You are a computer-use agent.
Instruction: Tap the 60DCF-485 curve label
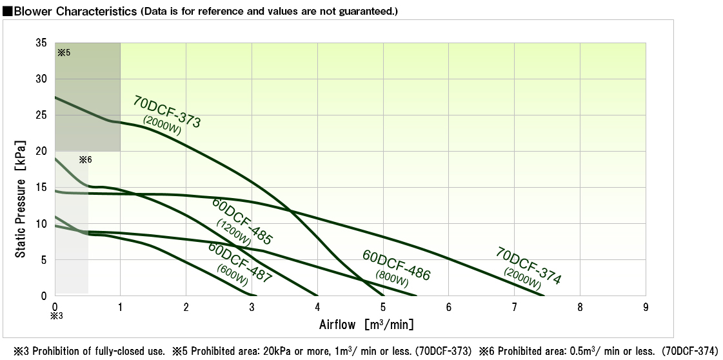click(243, 221)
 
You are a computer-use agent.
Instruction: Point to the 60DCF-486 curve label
click(396, 265)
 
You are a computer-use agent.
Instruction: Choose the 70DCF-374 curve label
click(529, 265)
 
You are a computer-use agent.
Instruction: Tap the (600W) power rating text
click(232, 275)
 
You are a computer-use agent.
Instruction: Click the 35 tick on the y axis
click(41, 43)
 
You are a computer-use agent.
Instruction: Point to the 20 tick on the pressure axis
click(41, 152)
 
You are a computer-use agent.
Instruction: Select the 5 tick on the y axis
click(44, 260)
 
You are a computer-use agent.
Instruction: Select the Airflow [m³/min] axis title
click(366, 324)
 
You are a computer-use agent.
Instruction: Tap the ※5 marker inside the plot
click(64, 52)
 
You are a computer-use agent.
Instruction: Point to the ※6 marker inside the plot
click(85, 159)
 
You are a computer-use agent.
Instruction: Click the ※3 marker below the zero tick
click(56, 316)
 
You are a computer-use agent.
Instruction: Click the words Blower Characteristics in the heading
click(71, 12)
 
